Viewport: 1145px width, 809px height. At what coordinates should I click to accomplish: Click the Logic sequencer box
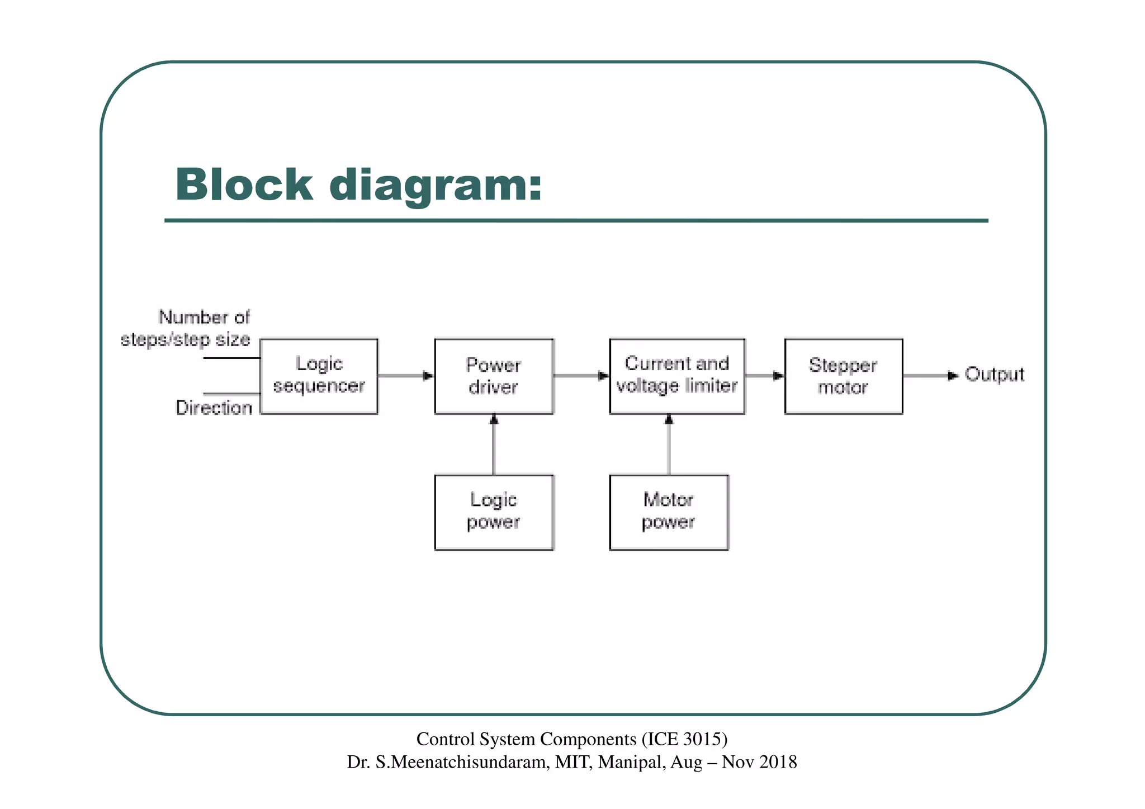tap(319, 376)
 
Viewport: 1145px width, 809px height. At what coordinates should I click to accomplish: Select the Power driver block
tap(494, 376)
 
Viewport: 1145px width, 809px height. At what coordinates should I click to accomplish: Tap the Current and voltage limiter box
tap(676, 376)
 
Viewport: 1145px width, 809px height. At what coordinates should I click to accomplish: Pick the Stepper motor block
tap(843, 376)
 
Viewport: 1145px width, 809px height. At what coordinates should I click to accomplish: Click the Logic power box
tap(494, 512)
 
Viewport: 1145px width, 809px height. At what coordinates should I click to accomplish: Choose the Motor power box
tap(669, 512)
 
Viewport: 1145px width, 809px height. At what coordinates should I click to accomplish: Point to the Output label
tap(994, 375)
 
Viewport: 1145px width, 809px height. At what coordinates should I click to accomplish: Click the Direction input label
tap(214, 408)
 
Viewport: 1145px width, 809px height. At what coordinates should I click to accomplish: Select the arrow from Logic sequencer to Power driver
tap(406, 376)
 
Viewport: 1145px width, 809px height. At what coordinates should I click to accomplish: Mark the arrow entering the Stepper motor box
tap(765, 376)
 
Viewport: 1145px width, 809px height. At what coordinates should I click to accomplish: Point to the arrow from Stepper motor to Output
tap(931, 376)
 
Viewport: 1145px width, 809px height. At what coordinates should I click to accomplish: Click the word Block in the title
tap(244, 184)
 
